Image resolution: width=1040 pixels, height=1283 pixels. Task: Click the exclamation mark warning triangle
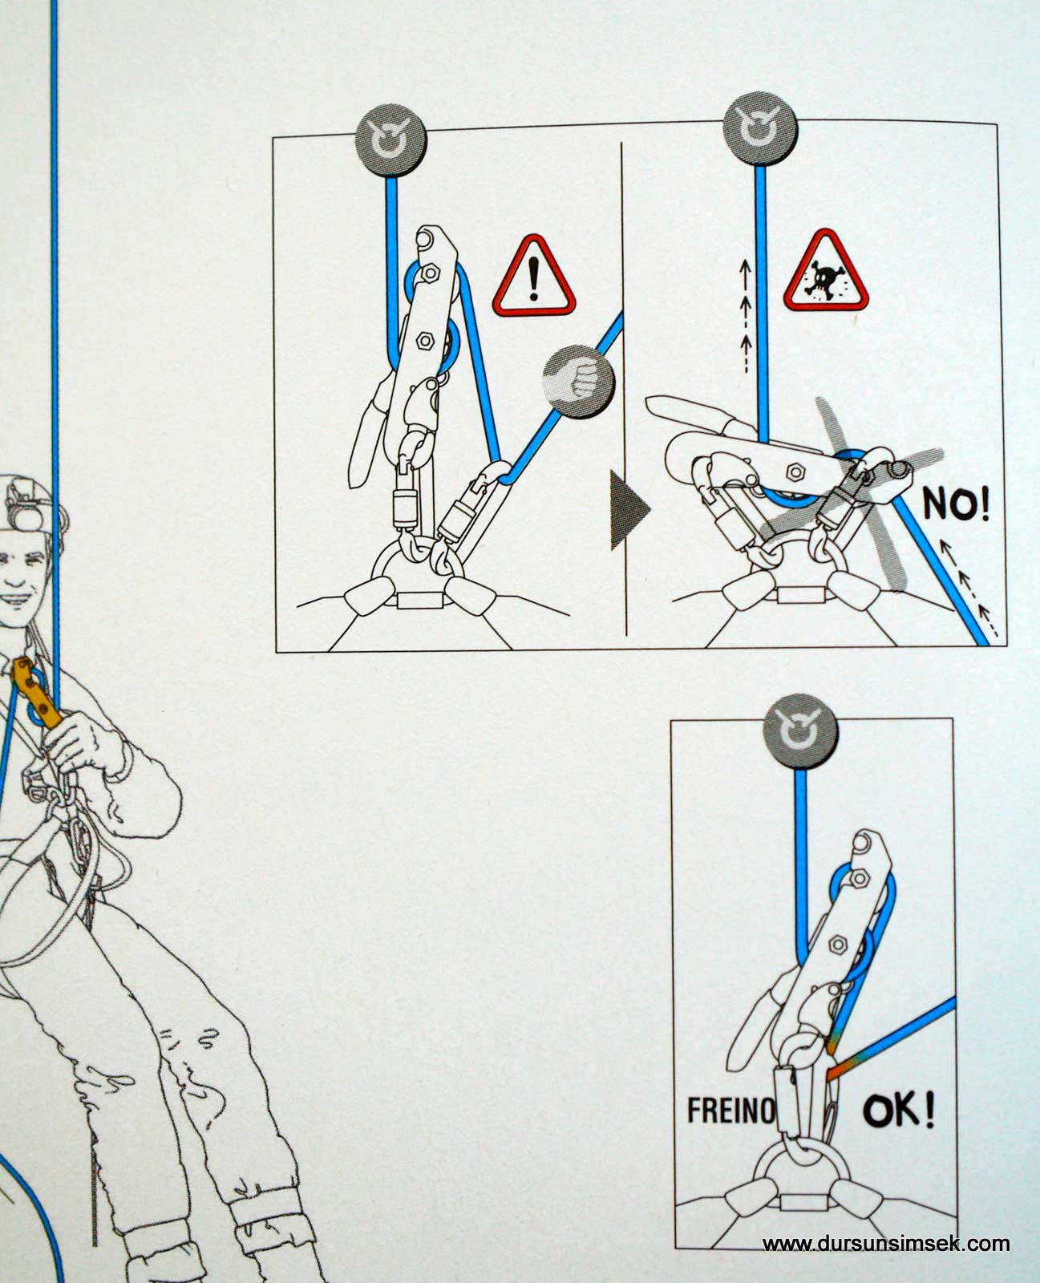(534, 277)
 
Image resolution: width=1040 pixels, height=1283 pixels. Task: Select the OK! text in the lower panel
(899, 1110)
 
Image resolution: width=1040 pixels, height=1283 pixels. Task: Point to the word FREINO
(731, 1110)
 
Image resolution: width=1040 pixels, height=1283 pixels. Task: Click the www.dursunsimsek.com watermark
(886, 1243)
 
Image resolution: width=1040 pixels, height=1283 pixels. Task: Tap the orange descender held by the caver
(38, 693)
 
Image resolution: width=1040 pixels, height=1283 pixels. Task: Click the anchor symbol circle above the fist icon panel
(391, 140)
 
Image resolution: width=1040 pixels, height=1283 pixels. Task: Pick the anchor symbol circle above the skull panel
(760, 128)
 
